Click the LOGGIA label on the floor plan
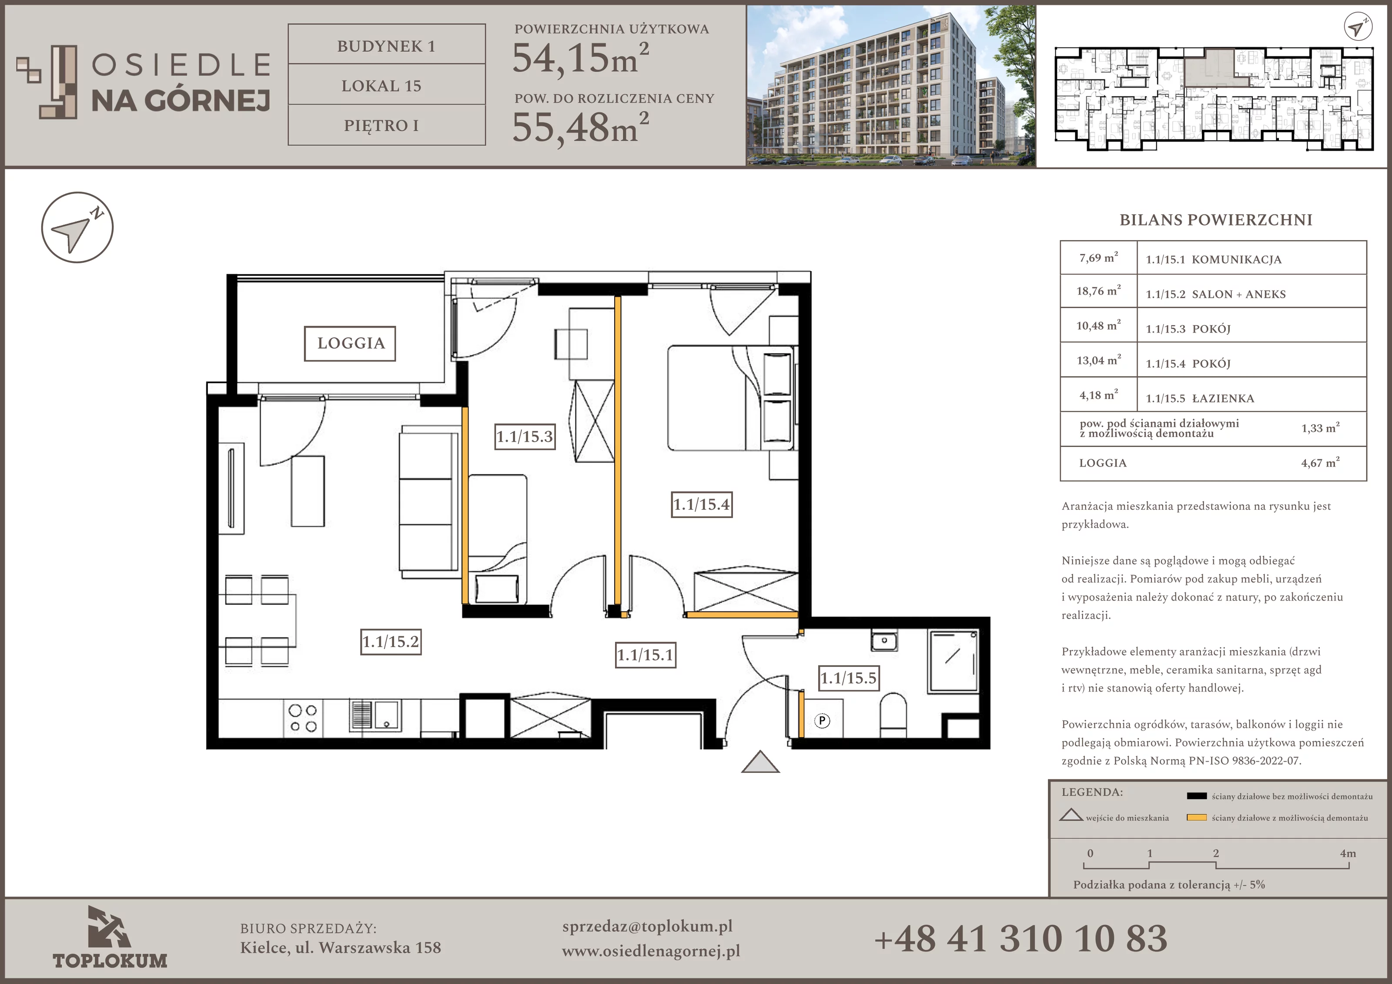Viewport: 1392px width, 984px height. click(351, 343)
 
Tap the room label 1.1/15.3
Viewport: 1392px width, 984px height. click(525, 436)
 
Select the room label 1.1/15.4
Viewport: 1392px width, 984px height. click(702, 504)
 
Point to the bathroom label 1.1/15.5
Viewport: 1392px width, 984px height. click(848, 678)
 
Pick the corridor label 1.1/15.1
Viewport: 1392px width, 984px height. click(645, 655)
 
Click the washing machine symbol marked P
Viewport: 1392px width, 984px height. click(822, 720)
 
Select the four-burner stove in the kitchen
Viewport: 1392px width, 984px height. click(302, 718)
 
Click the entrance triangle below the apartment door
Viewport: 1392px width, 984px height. click(760, 762)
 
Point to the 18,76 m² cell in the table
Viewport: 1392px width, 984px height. click(1098, 291)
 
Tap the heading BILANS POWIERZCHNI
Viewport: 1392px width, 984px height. click(1215, 220)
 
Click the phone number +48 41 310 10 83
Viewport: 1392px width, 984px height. click(1021, 938)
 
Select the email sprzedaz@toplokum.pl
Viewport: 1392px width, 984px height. click(647, 927)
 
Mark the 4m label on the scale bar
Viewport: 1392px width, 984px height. click(1348, 853)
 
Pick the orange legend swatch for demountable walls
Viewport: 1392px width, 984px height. click(1197, 817)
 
